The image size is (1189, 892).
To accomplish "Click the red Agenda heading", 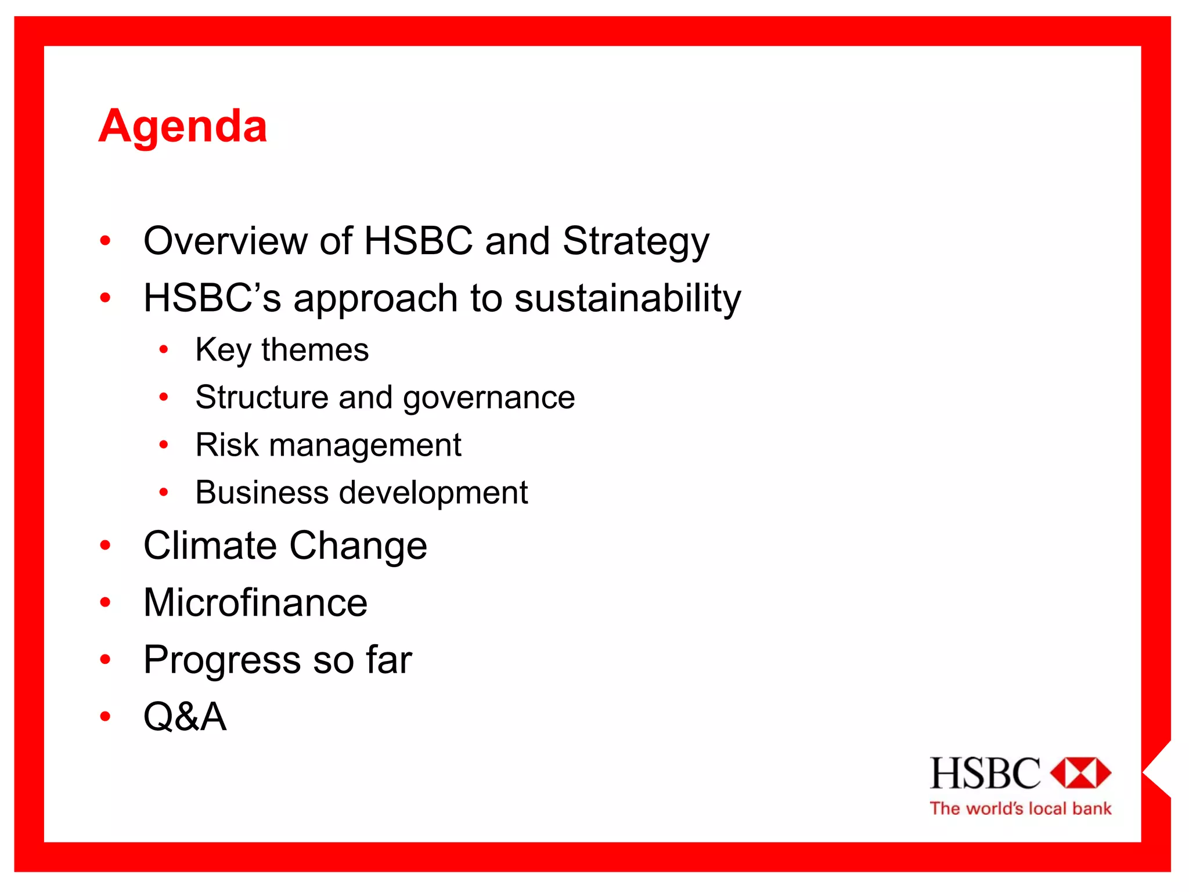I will point(183,126).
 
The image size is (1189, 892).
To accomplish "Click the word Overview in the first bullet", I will point(225,241).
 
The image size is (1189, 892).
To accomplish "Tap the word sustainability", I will point(628,299).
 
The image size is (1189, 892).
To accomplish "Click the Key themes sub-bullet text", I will point(282,350).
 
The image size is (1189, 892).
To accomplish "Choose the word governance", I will point(489,399).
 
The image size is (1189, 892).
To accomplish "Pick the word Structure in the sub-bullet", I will point(262,398).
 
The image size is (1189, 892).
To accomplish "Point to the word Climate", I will point(210,546).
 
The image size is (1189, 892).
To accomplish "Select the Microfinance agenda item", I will point(255,602).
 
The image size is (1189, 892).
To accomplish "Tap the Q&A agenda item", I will point(185,717).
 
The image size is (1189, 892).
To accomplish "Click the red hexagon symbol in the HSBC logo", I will point(1080,773).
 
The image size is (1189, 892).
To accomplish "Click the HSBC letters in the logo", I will point(985,774).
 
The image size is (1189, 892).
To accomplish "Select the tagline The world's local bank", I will point(1020,809).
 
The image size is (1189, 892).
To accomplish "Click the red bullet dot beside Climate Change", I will point(105,546).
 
